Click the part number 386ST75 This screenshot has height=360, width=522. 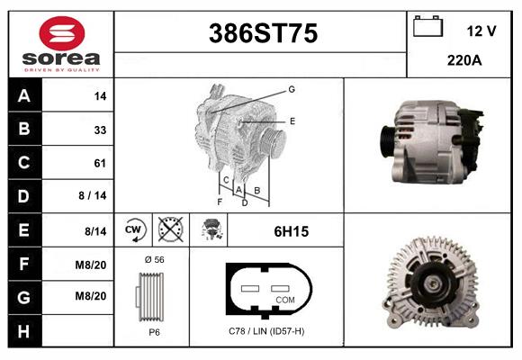(x=263, y=33)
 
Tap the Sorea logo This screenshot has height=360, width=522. (x=61, y=45)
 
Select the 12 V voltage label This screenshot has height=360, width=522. (x=481, y=31)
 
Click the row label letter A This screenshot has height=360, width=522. (x=24, y=96)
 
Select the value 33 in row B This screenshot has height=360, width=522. (x=100, y=130)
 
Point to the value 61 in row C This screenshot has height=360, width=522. (x=100, y=163)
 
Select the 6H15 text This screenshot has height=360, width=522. (x=291, y=231)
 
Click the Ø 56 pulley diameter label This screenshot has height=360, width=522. (x=153, y=259)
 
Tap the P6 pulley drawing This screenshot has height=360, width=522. (x=151, y=299)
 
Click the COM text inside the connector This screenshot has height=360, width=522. (x=284, y=299)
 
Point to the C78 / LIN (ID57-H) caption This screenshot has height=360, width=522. (x=266, y=331)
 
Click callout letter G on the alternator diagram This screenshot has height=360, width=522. (x=292, y=89)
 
